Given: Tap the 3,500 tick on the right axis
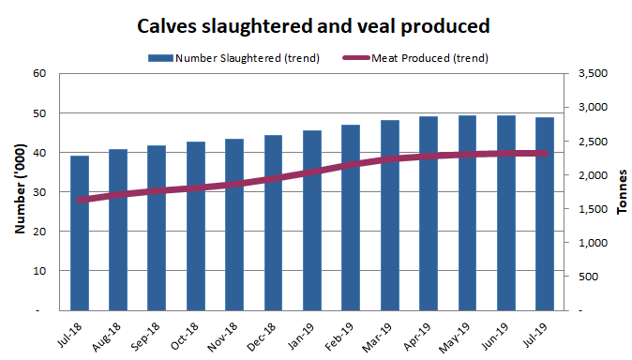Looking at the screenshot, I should pyautogui.click(x=584, y=74).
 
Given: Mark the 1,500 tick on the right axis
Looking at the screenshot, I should pyautogui.click(x=584, y=209).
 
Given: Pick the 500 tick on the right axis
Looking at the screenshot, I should pyautogui.click(x=590, y=277).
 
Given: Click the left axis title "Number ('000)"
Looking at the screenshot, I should pyautogui.click(x=19, y=191).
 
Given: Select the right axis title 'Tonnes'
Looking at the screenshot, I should pyautogui.click(x=622, y=192).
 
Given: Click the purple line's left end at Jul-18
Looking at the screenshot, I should pyautogui.click(x=81, y=200).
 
